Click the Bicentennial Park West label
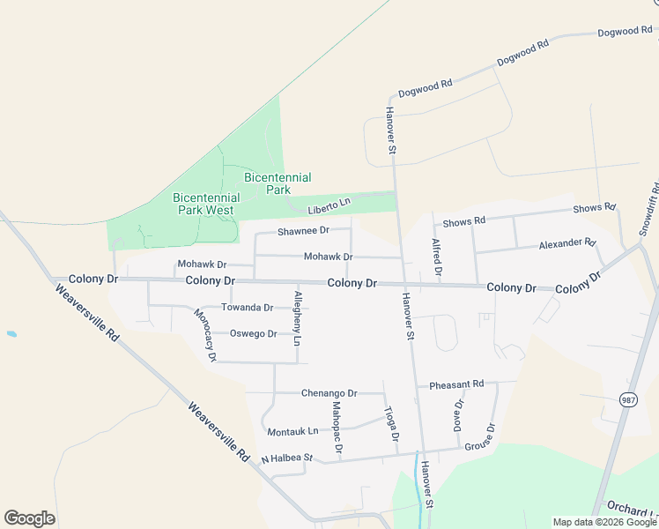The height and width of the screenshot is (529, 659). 204,204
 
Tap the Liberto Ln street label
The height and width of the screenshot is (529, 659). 329,206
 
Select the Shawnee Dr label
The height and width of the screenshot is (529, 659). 302,231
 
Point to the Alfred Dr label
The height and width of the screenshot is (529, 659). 436,255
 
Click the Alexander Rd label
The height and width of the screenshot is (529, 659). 567,242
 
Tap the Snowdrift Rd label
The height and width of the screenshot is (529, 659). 649,209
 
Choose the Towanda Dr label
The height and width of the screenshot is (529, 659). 247,308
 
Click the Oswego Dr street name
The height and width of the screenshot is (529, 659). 253,334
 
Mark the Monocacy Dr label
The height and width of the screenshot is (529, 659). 204,336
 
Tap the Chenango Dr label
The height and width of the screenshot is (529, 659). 329,393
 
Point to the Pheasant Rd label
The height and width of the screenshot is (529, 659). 456,384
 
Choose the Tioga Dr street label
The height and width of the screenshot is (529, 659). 392,424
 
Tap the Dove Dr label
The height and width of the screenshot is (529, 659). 458,414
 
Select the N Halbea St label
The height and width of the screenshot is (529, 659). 287,458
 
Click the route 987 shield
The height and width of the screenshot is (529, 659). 627,399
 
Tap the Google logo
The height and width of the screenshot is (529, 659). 29,518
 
